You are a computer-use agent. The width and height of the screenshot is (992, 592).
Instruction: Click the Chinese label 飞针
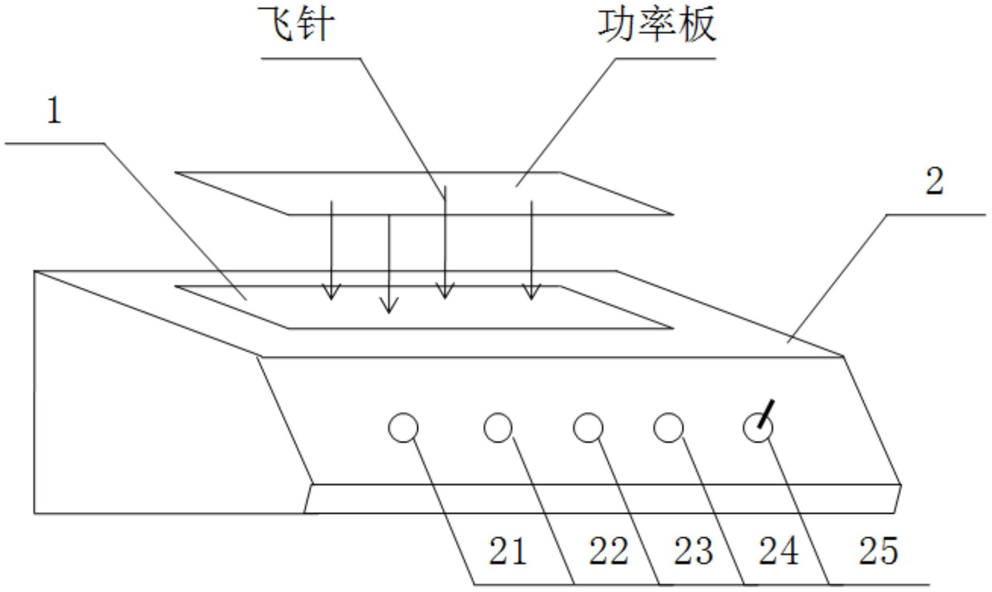pos(296,24)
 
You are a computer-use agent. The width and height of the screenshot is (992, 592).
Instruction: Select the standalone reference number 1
pos(54,110)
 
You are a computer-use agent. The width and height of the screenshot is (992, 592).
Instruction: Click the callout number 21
pos(507,551)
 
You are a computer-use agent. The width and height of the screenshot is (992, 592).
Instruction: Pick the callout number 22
pos(608,551)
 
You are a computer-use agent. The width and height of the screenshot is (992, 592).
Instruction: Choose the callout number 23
pos(693,551)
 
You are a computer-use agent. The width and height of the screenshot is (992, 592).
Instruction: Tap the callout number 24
pos(778,551)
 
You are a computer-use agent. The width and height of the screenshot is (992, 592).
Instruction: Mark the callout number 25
pos(878,551)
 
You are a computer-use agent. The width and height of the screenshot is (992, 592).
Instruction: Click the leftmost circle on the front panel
pos(403,428)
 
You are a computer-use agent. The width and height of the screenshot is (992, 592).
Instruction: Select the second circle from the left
pos(498,428)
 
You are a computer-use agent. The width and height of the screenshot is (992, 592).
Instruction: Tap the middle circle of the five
pos(588,428)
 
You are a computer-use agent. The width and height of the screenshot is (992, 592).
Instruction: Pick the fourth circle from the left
pos(668,428)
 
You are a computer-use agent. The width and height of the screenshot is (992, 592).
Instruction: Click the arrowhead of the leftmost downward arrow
pos(331,293)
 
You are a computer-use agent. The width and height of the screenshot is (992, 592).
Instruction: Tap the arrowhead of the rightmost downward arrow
pos(531,293)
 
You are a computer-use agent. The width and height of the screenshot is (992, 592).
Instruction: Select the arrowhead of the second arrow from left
pos(389,306)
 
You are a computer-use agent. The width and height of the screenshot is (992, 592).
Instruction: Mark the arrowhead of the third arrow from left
pos(445,292)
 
